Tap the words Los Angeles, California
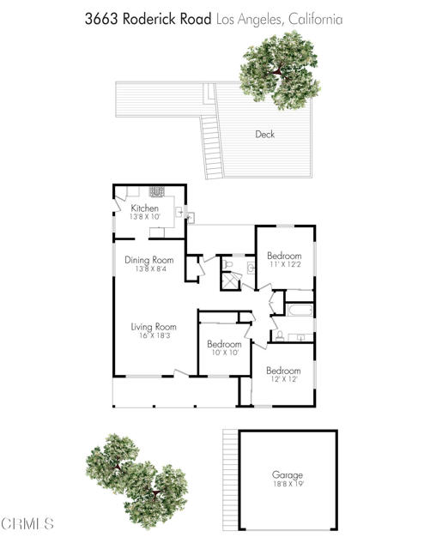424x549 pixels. [x=278, y=19]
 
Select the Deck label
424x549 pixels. [x=265, y=134]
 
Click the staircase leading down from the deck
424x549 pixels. [x=210, y=146]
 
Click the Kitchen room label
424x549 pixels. [x=144, y=208]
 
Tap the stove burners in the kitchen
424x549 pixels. [x=158, y=193]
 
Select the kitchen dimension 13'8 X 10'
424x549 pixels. [x=144, y=218]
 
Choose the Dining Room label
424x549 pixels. [x=149, y=260]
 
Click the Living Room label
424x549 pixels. [x=154, y=327]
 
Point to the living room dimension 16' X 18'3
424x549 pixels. [x=154, y=337]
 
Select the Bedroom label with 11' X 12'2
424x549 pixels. [x=284, y=256]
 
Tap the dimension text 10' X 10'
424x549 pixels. [x=226, y=352]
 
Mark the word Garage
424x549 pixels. [x=288, y=474]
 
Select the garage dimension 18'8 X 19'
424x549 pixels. [x=288, y=484]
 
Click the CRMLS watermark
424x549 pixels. [x=29, y=522]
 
